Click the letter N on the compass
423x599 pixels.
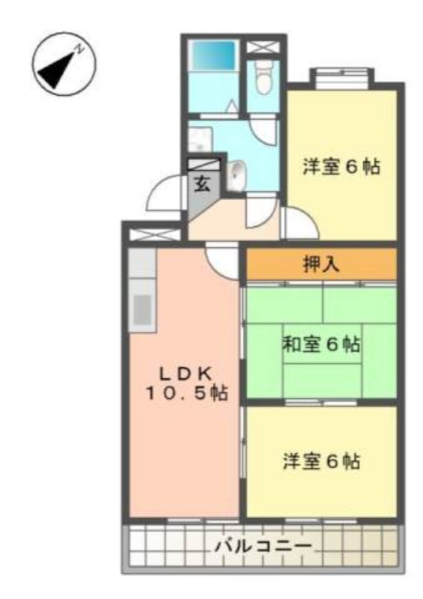[80, 49]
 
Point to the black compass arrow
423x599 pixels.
[58, 70]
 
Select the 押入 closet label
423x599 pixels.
[321, 264]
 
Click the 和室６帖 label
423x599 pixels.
[321, 344]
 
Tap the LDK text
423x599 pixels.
[186, 374]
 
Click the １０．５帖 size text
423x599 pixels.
[186, 393]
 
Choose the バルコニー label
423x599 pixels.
[264, 547]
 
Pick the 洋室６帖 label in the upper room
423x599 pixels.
[341, 167]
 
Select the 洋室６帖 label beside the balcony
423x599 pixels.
[321, 461]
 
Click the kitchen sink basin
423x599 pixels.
[142, 310]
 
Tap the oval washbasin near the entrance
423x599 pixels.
[237, 175]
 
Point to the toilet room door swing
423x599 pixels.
[264, 131]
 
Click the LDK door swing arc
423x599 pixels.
[221, 263]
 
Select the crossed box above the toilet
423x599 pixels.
[263, 47]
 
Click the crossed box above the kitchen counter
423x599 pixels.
[154, 234]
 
